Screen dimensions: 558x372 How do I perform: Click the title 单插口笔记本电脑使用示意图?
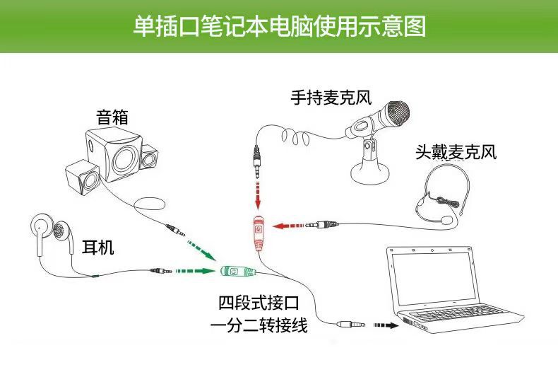pos(278,27)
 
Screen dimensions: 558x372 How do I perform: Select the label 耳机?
pos(97,247)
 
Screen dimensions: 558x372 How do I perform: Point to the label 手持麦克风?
pos(330,98)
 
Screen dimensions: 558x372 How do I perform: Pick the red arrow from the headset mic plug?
pos(288,226)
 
